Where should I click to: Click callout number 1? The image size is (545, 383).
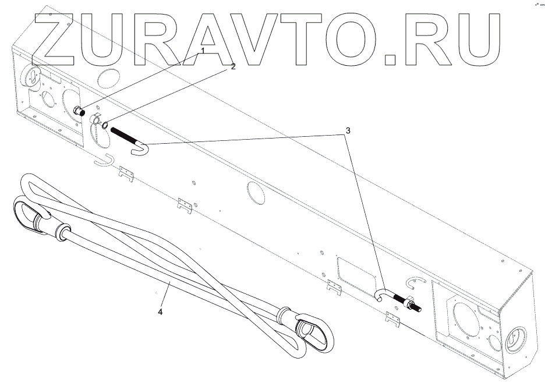pos(203,51)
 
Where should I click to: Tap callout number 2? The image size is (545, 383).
pos(233,66)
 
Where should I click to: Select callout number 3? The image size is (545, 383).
pos(348,131)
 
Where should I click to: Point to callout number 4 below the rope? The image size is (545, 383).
pos(160,312)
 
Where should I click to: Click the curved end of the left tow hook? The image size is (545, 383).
pos(141,149)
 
